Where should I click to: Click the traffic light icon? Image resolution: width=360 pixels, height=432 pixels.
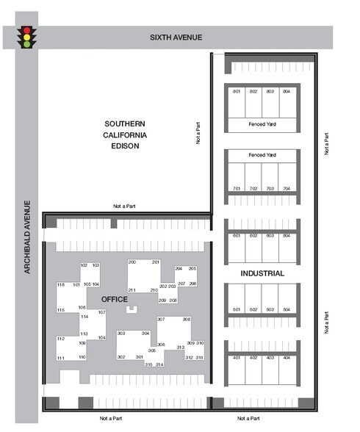(x=28, y=37)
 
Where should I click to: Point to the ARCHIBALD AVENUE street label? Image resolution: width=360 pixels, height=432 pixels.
(x=26, y=237)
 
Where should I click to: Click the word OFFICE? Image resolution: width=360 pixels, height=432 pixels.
(x=114, y=299)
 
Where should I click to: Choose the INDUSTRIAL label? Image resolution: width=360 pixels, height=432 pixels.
(x=262, y=273)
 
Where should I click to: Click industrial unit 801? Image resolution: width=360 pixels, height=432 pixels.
(x=237, y=91)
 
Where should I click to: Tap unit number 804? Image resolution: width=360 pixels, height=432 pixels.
(x=287, y=91)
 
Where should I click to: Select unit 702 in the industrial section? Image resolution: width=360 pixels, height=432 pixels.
(x=253, y=189)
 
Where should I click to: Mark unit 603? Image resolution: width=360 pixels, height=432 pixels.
(x=270, y=236)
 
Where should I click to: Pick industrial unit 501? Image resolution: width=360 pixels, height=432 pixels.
(x=237, y=310)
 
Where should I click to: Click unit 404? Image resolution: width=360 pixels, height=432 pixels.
(x=287, y=357)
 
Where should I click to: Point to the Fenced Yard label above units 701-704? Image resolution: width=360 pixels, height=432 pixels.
(x=262, y=155)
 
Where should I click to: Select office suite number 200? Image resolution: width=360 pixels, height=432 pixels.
(x=132, y=262)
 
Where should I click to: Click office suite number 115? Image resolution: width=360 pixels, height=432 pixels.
(x=61, y=310)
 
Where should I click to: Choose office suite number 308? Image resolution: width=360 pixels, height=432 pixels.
(x=187, y=320)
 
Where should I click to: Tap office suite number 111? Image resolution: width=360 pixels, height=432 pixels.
(x=61, y=357)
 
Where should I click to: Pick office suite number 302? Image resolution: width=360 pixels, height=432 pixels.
(x=121, y=357)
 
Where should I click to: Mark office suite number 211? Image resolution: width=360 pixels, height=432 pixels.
(x=132, y=290)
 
